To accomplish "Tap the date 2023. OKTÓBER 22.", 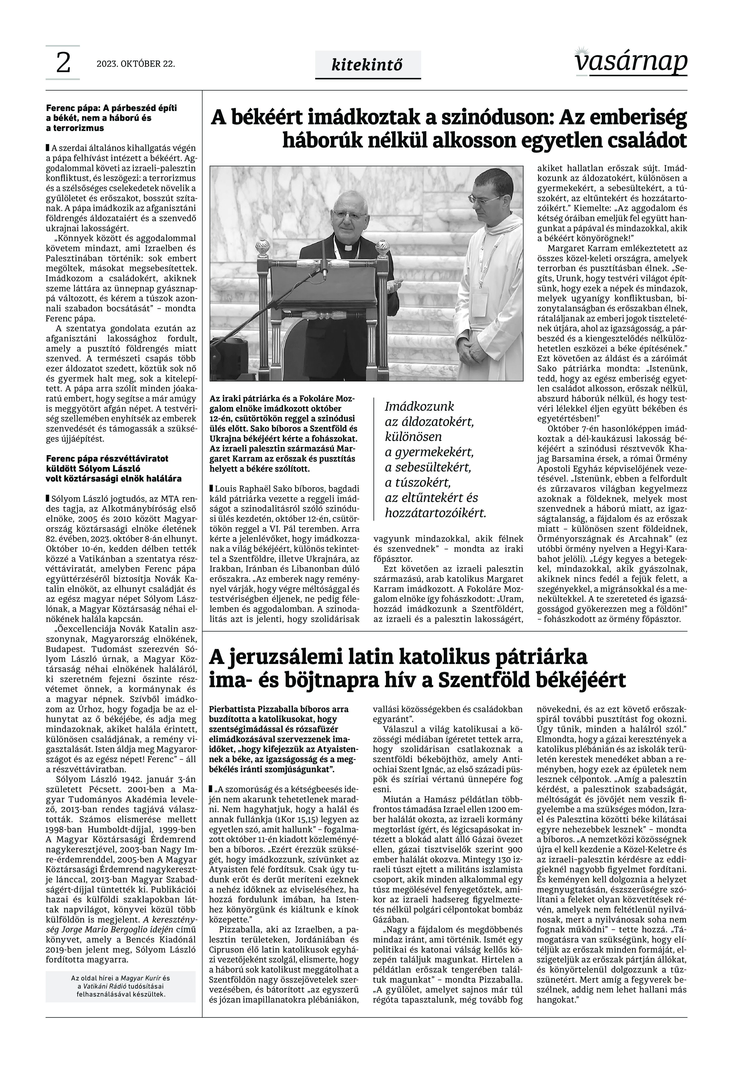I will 136,64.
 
